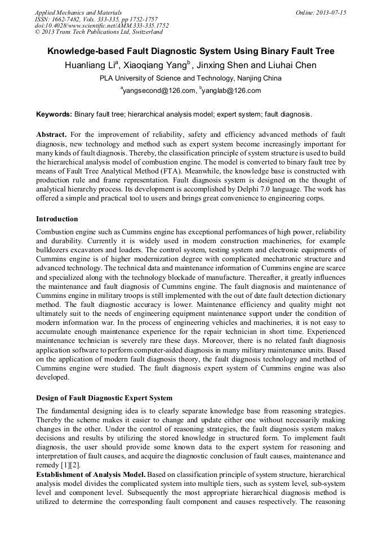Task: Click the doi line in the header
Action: pyautogui.click(x=101, y=26)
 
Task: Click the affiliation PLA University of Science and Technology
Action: pyautogui.click(x=172, y=78)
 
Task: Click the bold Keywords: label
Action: pyautogui.click(x=54, y=114)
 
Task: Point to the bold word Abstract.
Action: pyautogui.click(x=52, y=135)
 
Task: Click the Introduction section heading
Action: pyautogui.click(x=57, y=218)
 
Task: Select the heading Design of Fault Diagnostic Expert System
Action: pyautogui.click(x=104, y=398)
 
